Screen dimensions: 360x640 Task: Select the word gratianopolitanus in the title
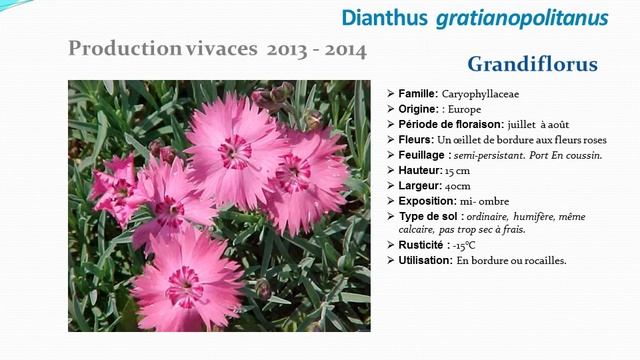click(x=521, y=18)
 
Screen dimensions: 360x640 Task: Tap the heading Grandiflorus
click(x=532, y=65)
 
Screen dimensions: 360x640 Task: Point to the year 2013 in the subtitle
click(x=288, y=48)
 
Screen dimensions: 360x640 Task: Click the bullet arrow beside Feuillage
click(x=390, y=156)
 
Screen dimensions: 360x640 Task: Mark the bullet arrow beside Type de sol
click(x=390, y=217)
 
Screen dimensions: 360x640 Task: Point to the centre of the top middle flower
click(x=236, y=151)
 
